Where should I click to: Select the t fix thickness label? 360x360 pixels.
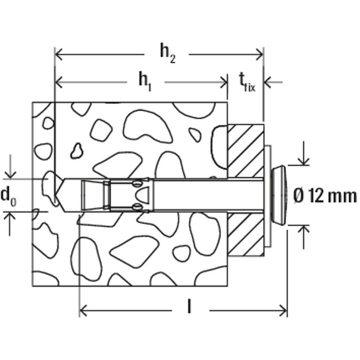(x=246, y=80)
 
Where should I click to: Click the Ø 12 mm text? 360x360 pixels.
(x=324, y=195)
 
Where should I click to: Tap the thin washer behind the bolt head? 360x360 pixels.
(x=267, y=195)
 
